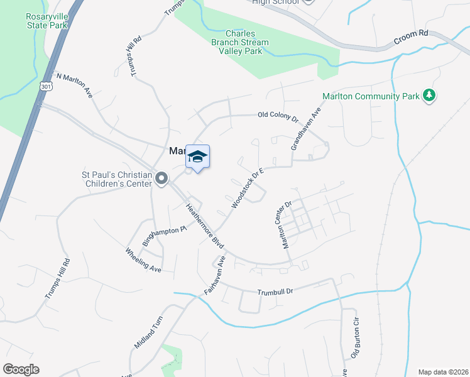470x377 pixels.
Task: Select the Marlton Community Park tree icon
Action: click(x=429, y=96)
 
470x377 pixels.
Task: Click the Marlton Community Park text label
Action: click(x=370, y=96)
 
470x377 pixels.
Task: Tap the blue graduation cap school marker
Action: click(x=197, y=158)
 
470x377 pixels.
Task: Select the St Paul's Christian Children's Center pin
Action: click(x=161, y=179)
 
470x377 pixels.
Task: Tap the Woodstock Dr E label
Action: click(x=246, y=187)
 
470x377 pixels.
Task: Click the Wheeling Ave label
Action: click(x=144, y=260)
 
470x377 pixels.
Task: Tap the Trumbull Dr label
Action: click(x=276, y=292)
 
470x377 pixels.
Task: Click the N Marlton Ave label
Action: click(x=75, y=84)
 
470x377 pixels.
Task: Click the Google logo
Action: click(x=21, y=369)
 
